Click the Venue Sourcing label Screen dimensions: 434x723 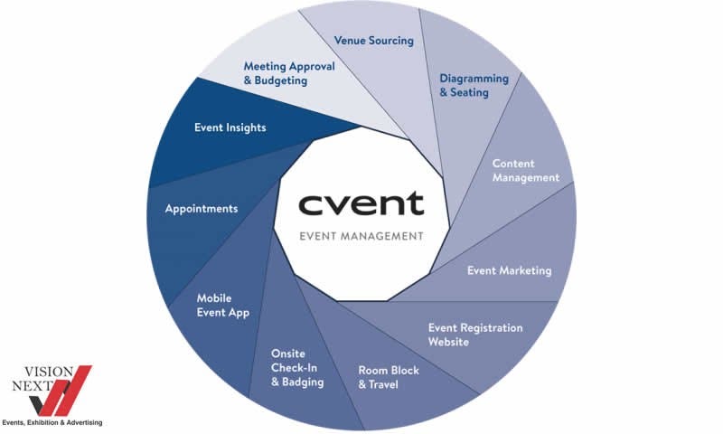pyautogui.click(x=373, y=41)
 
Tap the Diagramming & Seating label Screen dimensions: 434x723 pyautogui.click(x=474, y=85)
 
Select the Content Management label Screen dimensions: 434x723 pyautogui.click(x=526, y=171)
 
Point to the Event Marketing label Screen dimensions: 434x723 pyautogui.click(x=509, y=270)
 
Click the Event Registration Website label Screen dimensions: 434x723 pyautogui.click(x=474, y=335)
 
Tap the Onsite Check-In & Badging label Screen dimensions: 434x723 pyautogui.click(x=297, y=367)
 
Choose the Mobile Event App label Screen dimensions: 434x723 pyautogui.click(x=223, y=305)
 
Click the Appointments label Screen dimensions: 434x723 pyautogui.click(x=202, y=209)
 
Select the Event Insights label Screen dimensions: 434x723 pyautogui.click(x=230, y=127)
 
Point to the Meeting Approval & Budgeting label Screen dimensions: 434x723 pyautogui.click(x=289, y=73)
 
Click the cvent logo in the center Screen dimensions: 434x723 pyautogui.click(x=361, y=203)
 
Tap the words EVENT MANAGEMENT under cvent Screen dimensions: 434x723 pyautogui.click(x=361, y=236)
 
